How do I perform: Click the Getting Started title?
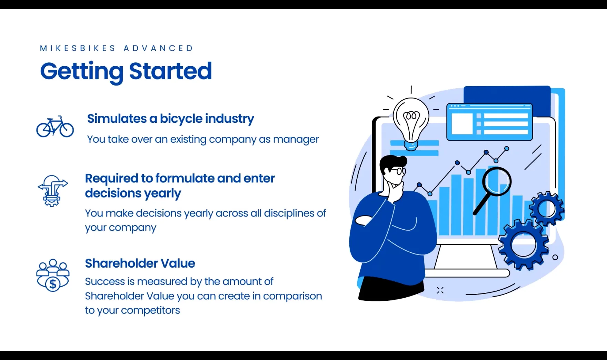(x=126, y=71)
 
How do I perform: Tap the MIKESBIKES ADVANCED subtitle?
(x=117, y=48)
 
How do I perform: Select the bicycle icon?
(x=55, y=127)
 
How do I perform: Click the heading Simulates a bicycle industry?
(x=170, y=119)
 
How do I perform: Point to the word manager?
(x=296, y=139)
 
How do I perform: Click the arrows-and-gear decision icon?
(x=52, y=190)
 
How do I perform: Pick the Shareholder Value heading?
(x=140, y=263)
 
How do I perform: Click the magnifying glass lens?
(x=497, y=182)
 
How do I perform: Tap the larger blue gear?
(x=523, y=244)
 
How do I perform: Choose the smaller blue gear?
(x=547, y=209)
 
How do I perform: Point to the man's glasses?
(x=399, y=171)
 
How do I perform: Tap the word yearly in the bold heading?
(x=162, y=193)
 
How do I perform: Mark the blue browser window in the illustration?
(x=489, y=122)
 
